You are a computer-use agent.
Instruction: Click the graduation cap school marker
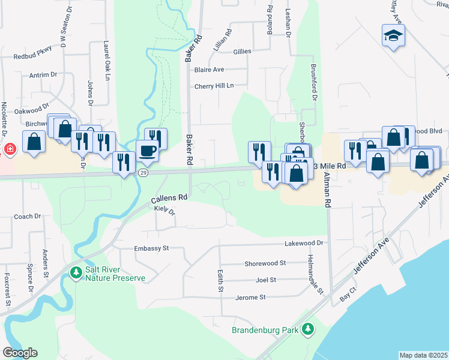pos(393,36)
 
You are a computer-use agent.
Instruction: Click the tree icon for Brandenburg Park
pos(308,329)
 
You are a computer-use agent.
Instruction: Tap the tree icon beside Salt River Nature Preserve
pos(76,273)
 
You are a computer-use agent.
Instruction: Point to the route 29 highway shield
pos(143,172)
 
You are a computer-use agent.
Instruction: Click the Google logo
pos(20,353)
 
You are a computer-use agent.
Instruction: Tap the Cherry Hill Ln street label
pos(213,86)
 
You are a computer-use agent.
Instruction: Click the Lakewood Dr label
pos(304,243)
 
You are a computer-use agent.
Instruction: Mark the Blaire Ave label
pos(209,70)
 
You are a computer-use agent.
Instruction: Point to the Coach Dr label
pos(27,217)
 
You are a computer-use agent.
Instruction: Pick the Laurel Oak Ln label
pos(106,61)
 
